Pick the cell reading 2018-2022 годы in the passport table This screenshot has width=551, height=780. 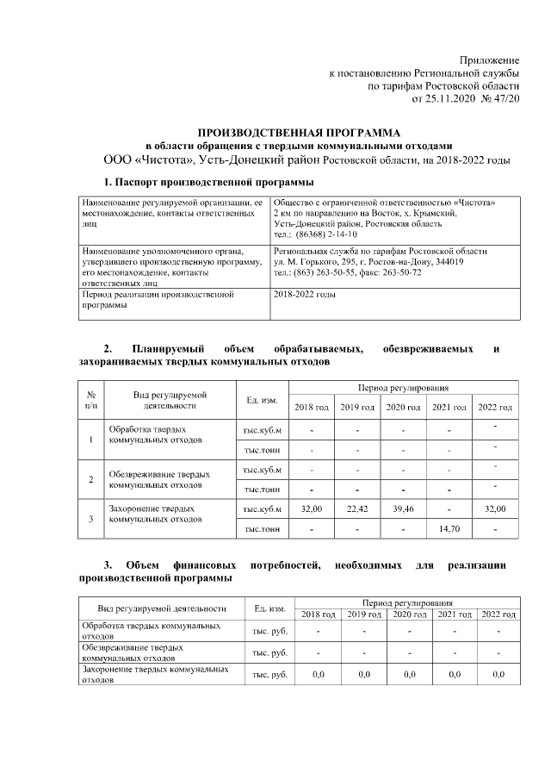[x=304, y=295]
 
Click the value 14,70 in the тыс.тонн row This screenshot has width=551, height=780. [x=449, y=528]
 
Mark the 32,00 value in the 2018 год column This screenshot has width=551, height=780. [x=311, y=509]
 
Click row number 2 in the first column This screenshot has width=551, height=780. [x=91, y=479]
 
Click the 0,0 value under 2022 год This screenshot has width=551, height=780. [x=498, y=674]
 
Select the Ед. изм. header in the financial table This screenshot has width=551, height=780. [x=269, y=608]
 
